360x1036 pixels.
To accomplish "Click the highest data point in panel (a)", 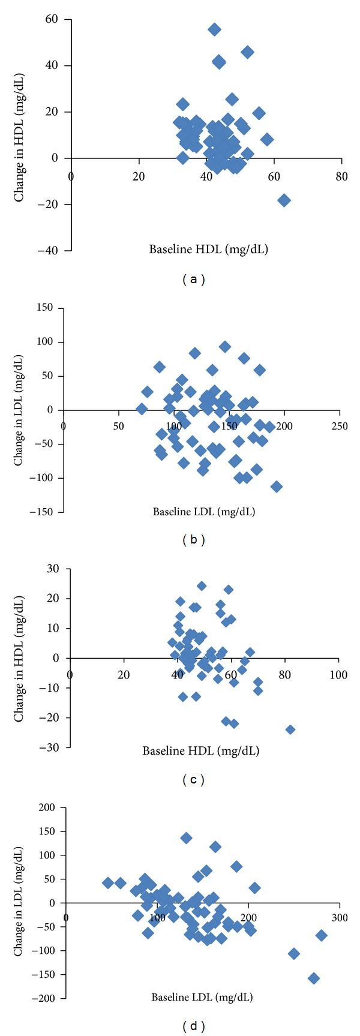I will (214, 29).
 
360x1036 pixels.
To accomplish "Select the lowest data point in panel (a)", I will (284, 200).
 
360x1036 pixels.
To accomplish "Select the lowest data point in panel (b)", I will (277, 487).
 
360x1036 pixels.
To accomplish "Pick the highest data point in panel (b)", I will (225, 347).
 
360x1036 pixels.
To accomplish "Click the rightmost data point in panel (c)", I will (290, 729).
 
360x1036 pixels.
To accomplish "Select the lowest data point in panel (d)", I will (313, 978).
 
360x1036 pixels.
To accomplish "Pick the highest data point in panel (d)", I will (186, 838).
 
